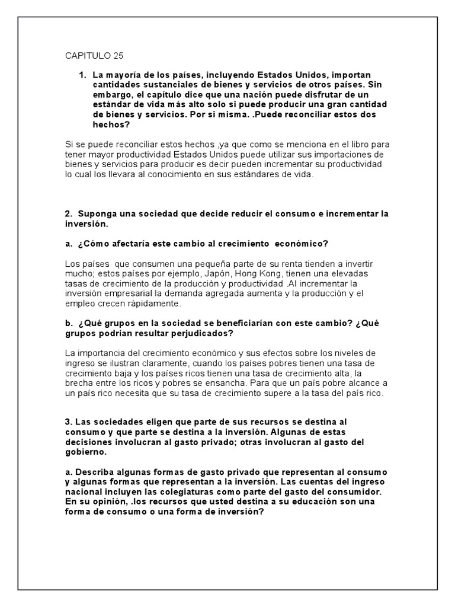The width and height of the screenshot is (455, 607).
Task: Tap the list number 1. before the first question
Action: (x=82, y=75)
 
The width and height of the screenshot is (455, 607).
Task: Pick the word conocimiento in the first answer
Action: (x=173, y=175)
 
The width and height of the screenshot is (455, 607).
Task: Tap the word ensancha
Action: (x=213, y=383)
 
